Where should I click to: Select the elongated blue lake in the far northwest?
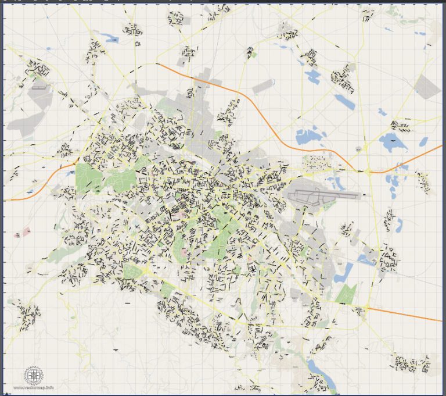tap(108, 39)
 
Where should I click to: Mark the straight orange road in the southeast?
tap(407, 315)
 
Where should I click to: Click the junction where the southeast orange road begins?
tap(367, 308)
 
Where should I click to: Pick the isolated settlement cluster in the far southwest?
tap(26, 315)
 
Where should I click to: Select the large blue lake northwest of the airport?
tap(308, 137)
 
